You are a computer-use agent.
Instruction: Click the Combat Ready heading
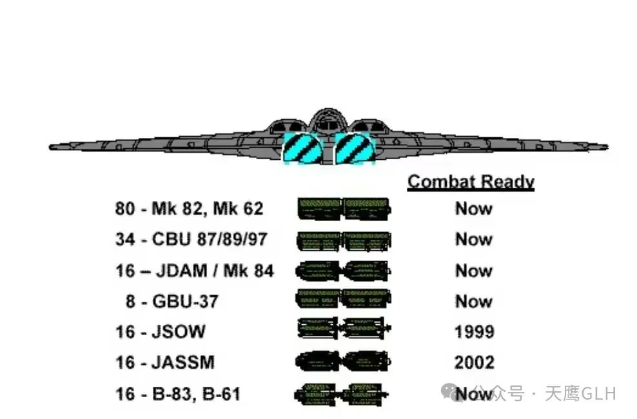click(x=471, y=182)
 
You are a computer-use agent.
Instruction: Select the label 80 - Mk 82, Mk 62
click(x=189, y=209)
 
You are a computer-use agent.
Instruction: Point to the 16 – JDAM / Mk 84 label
click(x=195, y=271)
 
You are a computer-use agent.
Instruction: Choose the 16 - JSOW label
click(x=161, y=332)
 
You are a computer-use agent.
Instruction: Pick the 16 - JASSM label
click(x=165, y=362)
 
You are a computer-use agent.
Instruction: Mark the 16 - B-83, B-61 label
click(x=178, y=393)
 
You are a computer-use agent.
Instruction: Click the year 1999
click(x=474, y=332)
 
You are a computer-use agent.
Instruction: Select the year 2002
click(x=474, y=362)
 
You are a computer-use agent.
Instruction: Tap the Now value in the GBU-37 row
click(x=474, y=301)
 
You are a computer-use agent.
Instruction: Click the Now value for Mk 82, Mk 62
click(x=474, y=209)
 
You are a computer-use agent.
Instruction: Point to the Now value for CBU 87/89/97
click(x=474, y=240)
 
